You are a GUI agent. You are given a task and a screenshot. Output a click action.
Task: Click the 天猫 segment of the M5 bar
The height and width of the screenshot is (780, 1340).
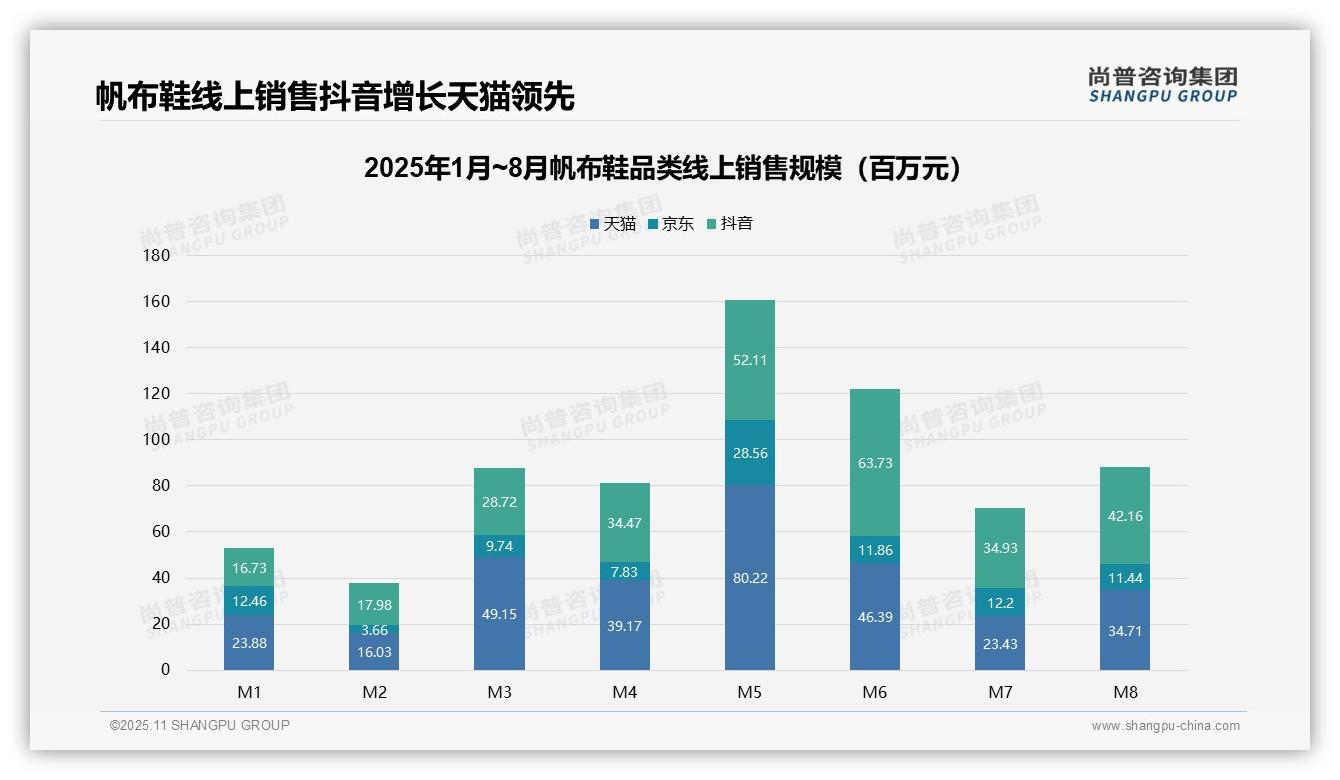pos(749,577)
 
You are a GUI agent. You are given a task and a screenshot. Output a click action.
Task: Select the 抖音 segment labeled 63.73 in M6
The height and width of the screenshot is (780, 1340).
pos(874,463)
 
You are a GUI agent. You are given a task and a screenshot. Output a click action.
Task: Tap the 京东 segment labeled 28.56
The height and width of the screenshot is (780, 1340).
pos(749,453)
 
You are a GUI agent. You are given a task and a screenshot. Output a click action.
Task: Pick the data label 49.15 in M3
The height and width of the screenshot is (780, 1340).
pos(499,614)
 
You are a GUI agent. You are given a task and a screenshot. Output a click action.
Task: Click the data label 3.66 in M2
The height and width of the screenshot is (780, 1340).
pos(374,630)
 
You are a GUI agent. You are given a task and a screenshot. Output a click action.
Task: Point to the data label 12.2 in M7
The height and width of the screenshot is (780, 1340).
pos(999,602)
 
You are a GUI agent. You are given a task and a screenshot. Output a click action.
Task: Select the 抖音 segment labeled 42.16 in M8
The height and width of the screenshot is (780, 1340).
pos(1124,516)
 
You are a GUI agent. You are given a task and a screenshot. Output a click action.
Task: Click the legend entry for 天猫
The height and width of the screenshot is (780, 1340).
pos(613,224)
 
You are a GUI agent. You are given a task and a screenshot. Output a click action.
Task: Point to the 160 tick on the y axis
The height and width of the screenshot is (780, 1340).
pos(158,301)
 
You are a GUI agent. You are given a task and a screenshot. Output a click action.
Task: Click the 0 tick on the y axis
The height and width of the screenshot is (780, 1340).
pos(165,670)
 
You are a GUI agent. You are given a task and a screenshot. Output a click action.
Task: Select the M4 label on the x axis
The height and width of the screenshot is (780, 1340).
pos(624,692)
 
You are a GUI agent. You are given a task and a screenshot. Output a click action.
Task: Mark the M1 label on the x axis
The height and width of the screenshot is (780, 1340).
pos(249,692)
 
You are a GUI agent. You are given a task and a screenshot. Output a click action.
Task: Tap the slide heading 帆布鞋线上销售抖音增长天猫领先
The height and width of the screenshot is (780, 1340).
pos(335,97)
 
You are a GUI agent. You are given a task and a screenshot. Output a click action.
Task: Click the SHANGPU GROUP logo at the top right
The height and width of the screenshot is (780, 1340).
pos(1162,85)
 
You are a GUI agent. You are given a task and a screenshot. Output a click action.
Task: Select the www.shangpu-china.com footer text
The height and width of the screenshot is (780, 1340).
pos(1165,726)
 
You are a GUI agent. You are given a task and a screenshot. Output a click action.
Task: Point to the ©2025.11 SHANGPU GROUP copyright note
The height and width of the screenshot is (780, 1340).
pos(200,726)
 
